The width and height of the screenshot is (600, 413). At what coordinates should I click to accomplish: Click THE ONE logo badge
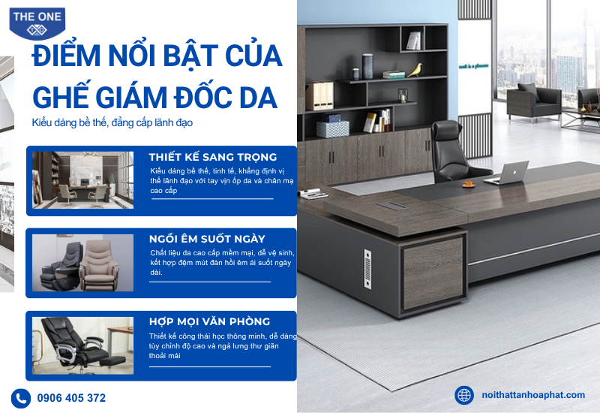point(37,23)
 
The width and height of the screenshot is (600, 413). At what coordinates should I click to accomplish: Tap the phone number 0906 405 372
point(71,398)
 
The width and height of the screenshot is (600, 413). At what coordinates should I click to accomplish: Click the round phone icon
point(21,399)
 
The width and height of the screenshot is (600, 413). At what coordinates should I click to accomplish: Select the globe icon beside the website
point(464,395)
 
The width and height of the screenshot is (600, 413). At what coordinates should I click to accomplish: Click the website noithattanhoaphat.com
point(533,395)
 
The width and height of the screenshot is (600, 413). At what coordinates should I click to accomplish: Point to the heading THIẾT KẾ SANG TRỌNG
point(213,157)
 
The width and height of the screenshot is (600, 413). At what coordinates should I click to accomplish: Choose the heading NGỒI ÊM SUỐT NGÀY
point(207,239)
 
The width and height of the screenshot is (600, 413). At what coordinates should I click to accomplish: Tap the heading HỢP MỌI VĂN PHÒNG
point(210,321)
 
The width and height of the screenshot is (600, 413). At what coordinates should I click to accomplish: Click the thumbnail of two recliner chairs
point(83,263)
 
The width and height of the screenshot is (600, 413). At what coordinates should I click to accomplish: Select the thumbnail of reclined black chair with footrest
point(83,345)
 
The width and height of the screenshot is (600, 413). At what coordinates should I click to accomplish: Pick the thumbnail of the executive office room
point(83,180)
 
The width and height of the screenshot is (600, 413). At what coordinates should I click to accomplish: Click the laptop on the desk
point(507,173)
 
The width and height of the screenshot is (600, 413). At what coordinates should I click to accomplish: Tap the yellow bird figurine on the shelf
point(415,70)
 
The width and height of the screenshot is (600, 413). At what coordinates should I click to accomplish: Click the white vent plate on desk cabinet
point(367,269)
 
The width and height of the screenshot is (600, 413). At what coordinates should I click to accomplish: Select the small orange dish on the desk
point(469,184)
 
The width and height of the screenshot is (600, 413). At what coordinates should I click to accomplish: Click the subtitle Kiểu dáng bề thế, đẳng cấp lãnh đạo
point(112,123)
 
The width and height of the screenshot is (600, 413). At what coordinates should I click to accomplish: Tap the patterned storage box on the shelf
point(333,128)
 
